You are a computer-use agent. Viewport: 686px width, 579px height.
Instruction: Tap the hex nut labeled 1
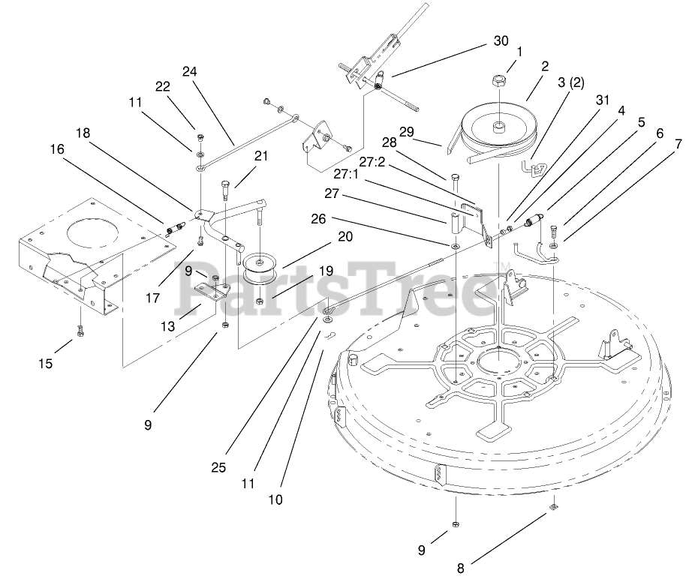pyautogui.click(x=500, y=77)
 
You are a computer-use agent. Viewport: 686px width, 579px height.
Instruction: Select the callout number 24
pyautogui.click(x=189, y=72)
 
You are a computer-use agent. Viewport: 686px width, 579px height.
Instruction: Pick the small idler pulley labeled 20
pyautogui.click(x=257, y=265)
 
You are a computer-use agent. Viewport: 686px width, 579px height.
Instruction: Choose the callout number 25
pyautogui.click(x=218, y=467)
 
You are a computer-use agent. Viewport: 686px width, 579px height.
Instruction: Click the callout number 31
pyautogui.click(x=602, y=100)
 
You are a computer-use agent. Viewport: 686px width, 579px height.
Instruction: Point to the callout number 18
pyautogui.click(x=83, y=132)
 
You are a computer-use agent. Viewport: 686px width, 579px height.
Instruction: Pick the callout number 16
pyautogui.click(x=58, y=150)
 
